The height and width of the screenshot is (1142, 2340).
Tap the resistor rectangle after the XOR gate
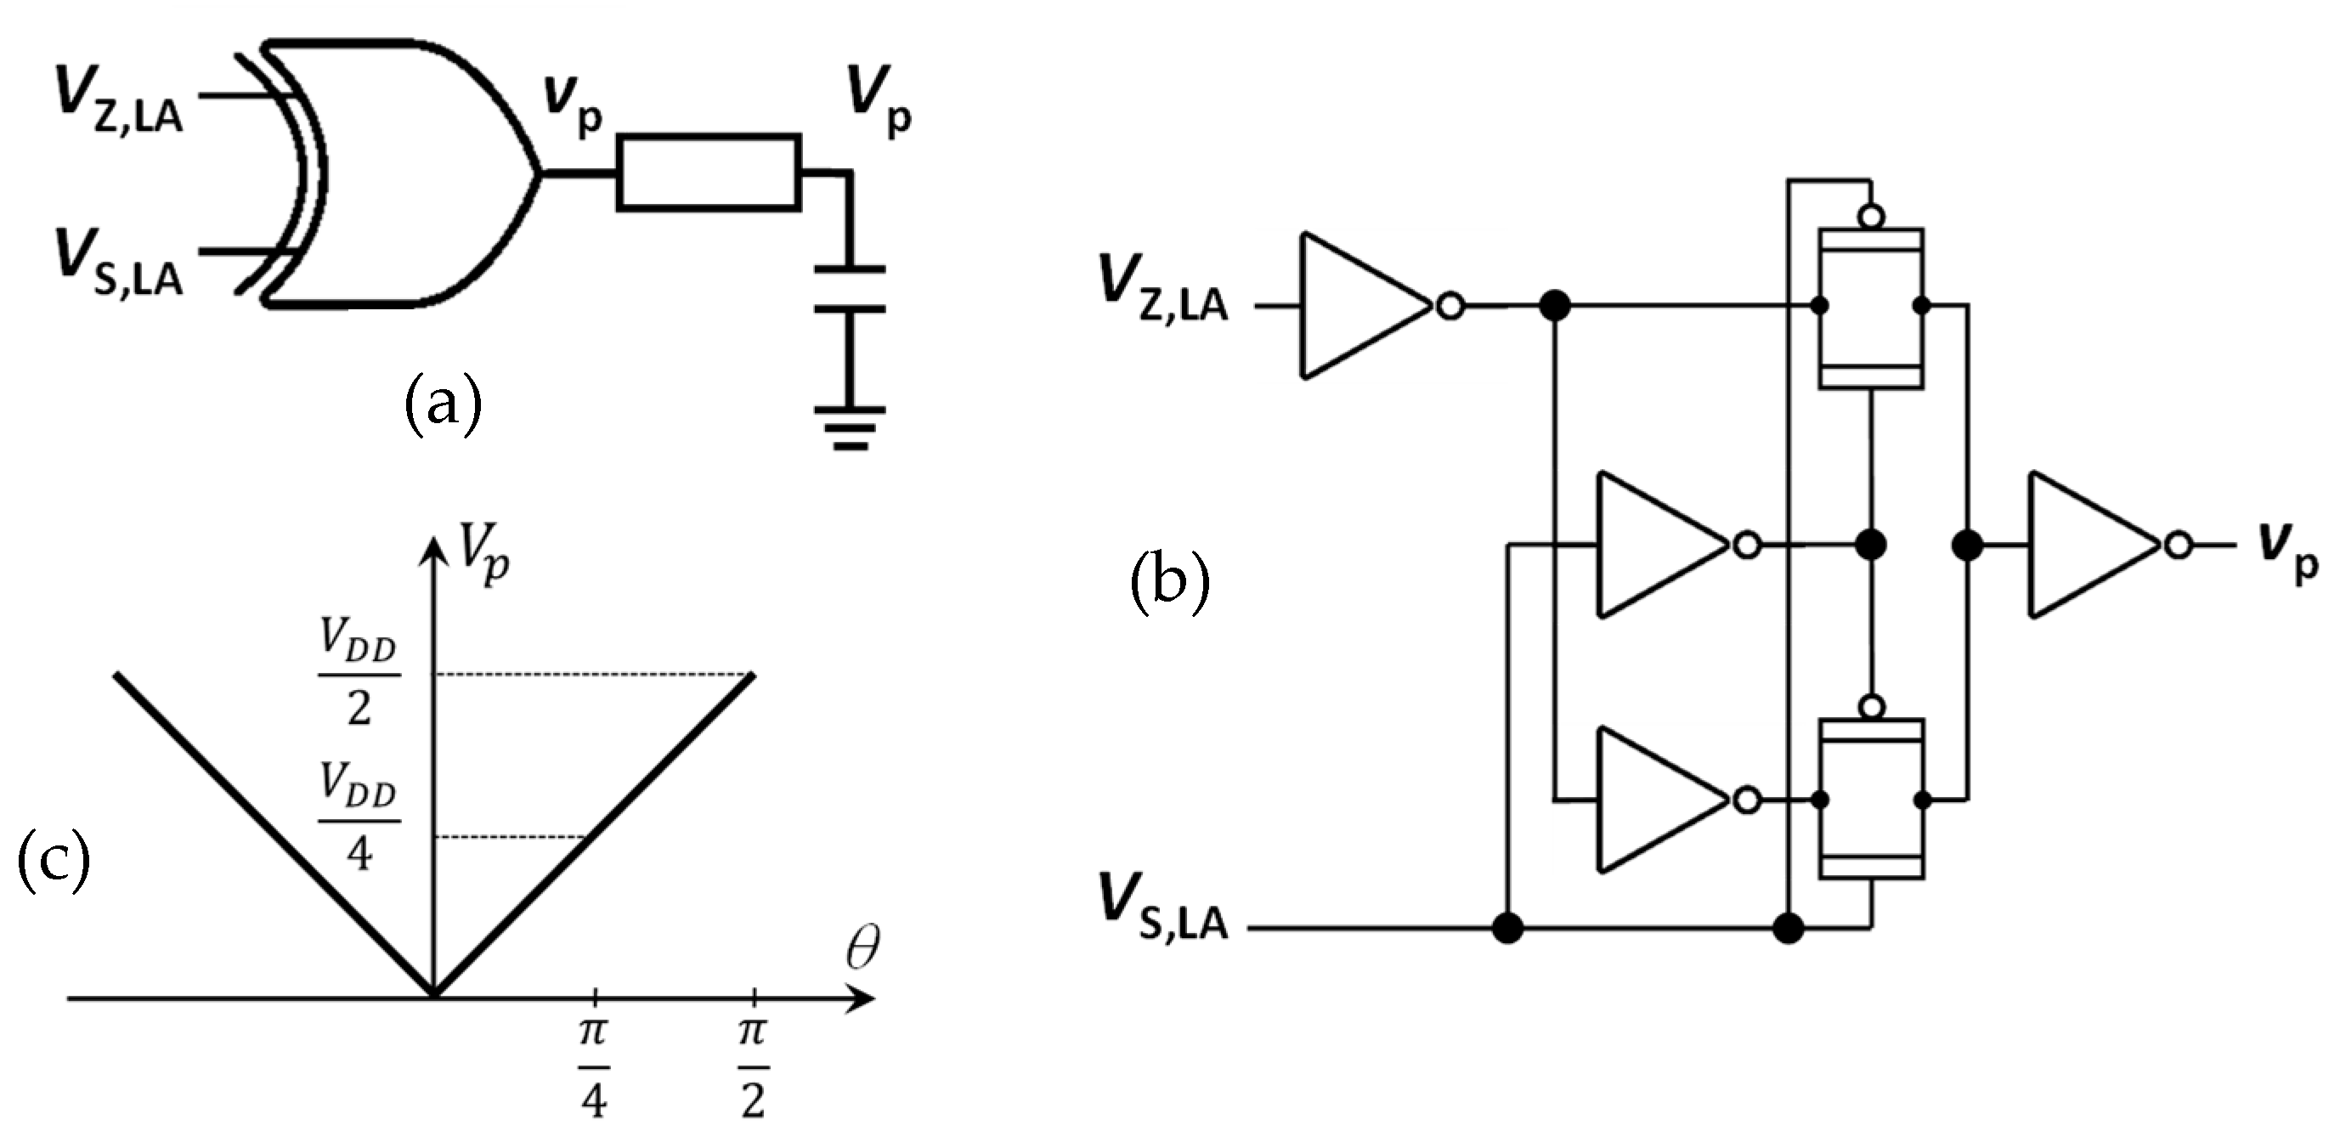coord(709,172)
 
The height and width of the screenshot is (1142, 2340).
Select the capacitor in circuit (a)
coord(849,289)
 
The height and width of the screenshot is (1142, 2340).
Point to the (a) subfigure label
coord(443,406)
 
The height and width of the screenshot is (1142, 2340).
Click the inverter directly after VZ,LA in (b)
coord(1363,305)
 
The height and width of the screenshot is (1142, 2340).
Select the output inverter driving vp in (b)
coord(2089,546)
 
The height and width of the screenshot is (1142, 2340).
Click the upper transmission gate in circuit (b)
coord(1870,307)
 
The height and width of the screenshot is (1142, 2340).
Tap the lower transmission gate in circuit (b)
coord(1870,800)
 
